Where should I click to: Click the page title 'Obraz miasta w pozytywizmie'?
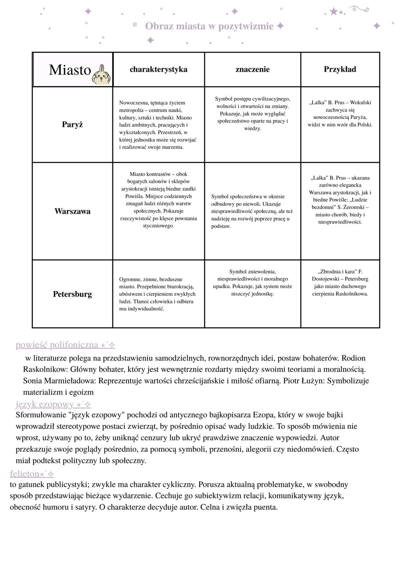209,26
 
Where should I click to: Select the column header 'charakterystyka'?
158,69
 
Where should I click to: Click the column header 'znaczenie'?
253,69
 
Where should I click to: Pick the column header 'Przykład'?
340,69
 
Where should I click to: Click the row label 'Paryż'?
72,125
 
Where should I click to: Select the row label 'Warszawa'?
72,211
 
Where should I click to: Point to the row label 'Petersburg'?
72,294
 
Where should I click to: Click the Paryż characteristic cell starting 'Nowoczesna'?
158,125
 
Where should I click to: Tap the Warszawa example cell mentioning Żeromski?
340,200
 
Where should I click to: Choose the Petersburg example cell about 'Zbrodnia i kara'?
340,282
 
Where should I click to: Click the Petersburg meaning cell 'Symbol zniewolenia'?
252,282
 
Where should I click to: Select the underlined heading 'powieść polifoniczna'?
57,345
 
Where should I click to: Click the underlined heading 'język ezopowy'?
45,404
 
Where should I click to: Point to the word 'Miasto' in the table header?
70,70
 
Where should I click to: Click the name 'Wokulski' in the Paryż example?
360,103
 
